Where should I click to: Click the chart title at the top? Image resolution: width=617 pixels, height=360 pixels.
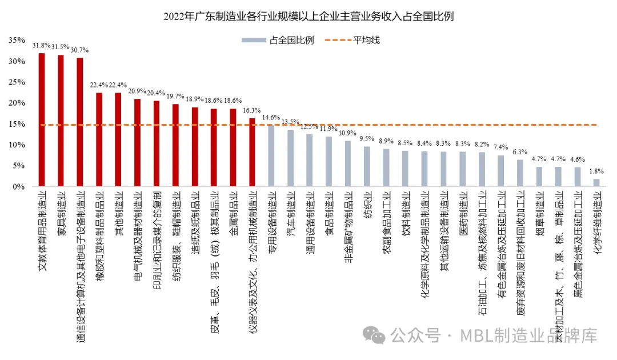pos(308,16)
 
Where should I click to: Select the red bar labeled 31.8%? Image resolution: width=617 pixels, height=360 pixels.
pos(42,120)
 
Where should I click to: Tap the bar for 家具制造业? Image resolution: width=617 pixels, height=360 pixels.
pos(61,121)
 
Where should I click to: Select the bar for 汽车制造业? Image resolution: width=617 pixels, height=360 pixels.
pos(290,158)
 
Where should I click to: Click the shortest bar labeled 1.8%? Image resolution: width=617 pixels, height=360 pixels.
pos(596,183)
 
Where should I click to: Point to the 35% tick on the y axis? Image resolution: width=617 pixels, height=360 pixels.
pos(17,40)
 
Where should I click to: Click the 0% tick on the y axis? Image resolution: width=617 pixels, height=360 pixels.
pos(19,187)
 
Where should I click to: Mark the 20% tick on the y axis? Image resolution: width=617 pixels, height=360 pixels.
pos(17,103)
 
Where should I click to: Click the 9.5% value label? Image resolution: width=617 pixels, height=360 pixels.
pos(367,138)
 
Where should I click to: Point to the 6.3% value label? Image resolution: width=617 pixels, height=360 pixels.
pos(520,151)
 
